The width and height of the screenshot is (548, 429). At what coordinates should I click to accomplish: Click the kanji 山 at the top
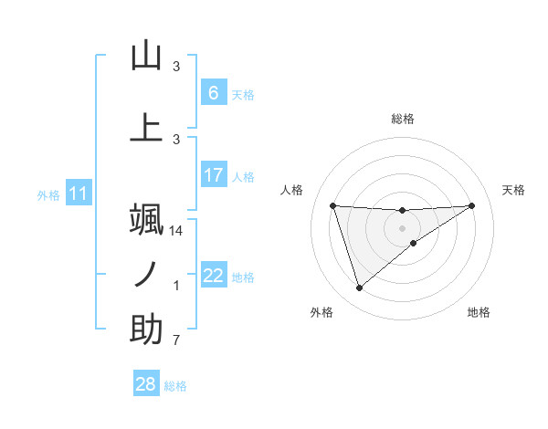146,56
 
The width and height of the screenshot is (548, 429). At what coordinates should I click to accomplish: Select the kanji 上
146,128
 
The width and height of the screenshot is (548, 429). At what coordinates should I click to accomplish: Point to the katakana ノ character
146,275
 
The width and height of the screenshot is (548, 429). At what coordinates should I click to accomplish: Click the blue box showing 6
213,92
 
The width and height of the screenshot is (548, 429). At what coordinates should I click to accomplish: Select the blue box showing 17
213,175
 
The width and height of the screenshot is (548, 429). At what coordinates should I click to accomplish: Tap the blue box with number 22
213,276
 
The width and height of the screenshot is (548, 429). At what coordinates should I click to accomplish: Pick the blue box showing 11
78,194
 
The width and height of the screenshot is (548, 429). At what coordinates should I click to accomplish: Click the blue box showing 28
146,385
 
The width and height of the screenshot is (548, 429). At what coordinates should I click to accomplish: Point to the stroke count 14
177,231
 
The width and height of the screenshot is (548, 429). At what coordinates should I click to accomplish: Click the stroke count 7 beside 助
175,342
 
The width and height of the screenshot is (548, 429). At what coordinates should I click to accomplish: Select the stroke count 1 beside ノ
176,287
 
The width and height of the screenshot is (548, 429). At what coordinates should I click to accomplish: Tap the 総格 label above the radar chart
402,119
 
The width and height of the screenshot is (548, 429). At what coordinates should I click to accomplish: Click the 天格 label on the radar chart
513,190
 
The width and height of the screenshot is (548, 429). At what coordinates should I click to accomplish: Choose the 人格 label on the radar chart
291,190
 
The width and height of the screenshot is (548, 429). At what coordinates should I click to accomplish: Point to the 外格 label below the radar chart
322,312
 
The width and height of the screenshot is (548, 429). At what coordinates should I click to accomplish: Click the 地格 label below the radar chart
479,312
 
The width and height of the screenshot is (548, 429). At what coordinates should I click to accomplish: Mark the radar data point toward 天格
471,205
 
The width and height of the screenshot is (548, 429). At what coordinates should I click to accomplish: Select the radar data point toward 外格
359,288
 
